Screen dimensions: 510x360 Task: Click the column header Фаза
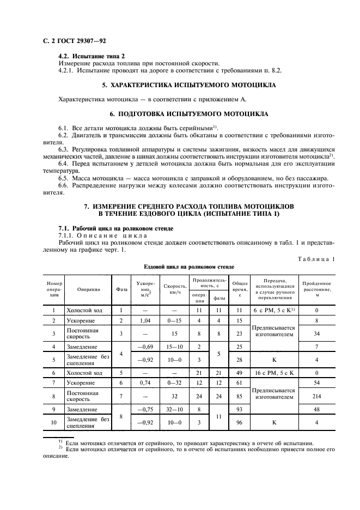coord(122,289)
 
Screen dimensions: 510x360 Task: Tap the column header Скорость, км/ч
coord(175,289)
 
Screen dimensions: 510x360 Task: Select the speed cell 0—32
coord(175,384)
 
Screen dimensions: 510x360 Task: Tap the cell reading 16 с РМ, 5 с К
coord(274,373)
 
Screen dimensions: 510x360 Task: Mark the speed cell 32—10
coord(175,409)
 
